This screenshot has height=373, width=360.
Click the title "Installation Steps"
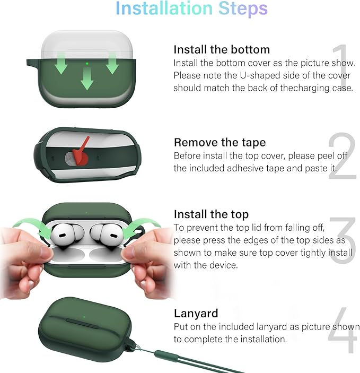pyautogui.click(x=191, y=8)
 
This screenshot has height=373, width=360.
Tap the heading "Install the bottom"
pyautogui.click(x=222, y=50)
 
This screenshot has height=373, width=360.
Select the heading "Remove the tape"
pyautogui.click(x=219, y=143)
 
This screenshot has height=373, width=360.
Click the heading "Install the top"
pyautogui.click(x=211, y=214)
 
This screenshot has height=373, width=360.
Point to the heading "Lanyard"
pyautogui.click(x=196, y=313)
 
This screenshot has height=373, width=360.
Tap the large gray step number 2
pyautogui.click(x=343, y=155)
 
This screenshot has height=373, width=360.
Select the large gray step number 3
pyautogui.click(x=343, y=240)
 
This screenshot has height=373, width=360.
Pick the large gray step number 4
pyautogui.click(x=343, y=330)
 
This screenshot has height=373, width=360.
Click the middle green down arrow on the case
pyautogui.click(x=87, y=79)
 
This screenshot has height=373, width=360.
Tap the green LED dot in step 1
pyautogui.click(x=87, y=64)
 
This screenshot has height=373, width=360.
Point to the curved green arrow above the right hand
pyautogui.click(x=142, y=226)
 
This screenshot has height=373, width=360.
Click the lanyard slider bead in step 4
pyautogui.click(x=166, y=356)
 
